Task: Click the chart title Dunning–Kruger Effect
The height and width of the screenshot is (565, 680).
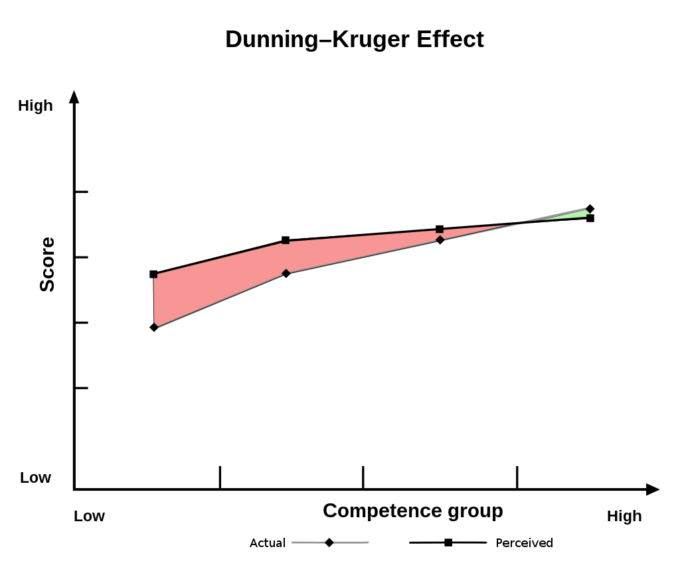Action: (x=354, y=39)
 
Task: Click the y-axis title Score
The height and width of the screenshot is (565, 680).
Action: (x=47, y=265)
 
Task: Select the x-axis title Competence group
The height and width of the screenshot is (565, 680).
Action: (x=412, y=511)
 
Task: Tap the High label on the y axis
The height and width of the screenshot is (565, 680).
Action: (x=35, y=105)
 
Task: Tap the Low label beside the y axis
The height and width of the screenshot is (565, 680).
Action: (x=35, y=477)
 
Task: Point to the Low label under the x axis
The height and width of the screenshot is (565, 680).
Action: (x=89, y=516)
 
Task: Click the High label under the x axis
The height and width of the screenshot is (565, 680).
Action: (x=624, y=516)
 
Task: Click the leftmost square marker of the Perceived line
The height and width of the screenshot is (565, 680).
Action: (x=153, y=274)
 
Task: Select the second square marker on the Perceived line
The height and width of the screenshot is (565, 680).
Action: (x=286, y=240)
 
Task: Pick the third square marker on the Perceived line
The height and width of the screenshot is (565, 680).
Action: (x=440, y=229)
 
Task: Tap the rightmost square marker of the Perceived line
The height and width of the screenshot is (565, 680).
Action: (x=590, y=218)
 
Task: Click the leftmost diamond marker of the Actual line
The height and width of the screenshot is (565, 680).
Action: (x=154, y=327)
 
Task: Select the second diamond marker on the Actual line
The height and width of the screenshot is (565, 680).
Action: (x=286, y=273)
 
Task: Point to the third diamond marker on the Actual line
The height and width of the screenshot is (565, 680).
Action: (x=440, y=239)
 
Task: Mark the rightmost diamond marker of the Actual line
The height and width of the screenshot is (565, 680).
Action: (x=590, y=208)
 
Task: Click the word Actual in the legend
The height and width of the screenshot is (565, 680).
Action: (x=267, y=543)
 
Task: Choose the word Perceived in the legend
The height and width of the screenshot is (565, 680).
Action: (x=524, y=543)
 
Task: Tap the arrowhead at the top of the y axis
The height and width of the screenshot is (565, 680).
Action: (x=74, y=97)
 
